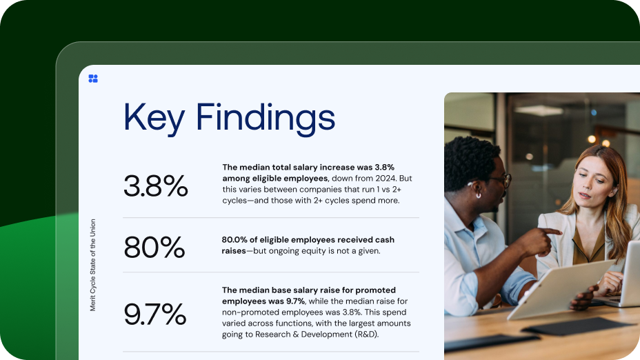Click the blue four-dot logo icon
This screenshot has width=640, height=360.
pos(93,79)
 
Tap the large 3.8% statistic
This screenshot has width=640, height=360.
pos(156,186)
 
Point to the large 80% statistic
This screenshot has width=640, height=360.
pos(154,247)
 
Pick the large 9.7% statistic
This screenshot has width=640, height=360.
pos(155,314)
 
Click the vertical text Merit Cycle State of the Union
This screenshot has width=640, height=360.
pos(93,265)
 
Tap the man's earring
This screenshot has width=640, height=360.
pos(477,195)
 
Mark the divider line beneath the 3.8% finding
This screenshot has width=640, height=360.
pos(271,218)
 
